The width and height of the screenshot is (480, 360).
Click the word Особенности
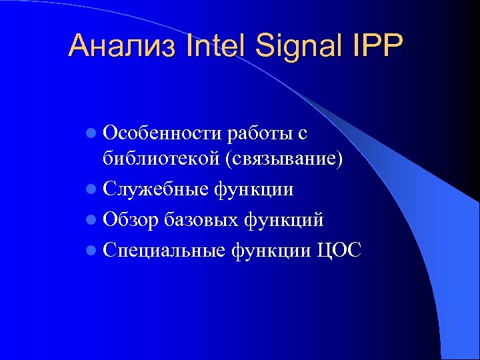pos(162,134)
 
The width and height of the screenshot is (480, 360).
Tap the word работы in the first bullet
pos(259,135)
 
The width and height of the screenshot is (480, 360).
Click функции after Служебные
pos(253,190)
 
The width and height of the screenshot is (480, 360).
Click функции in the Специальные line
pos(271,250)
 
